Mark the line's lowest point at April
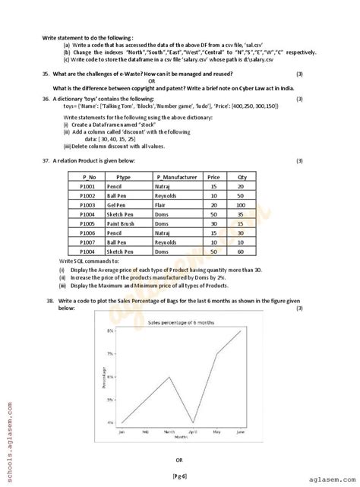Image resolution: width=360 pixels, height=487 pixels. click(193, 422)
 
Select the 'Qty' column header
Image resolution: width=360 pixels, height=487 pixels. click(242, 176)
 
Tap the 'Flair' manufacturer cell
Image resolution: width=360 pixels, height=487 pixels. click(160, 205)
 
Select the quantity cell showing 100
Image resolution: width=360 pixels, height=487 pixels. click(242, 205)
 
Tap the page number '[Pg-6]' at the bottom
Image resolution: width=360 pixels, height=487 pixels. click(179, 474)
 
